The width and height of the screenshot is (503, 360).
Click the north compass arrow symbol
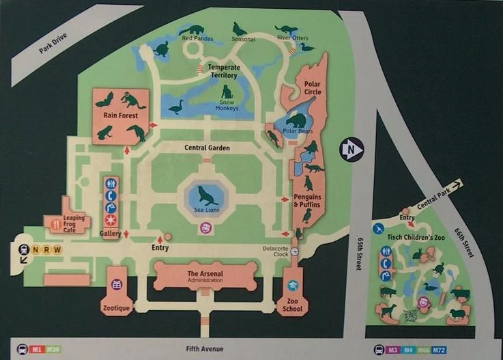[x=351, y=150]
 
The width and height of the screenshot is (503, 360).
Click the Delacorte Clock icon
[x=294, y=251]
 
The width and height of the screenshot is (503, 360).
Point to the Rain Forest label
[x=120, y=115]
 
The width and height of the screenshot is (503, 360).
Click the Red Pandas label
[x=197, y=39]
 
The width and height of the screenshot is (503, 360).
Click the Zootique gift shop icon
[x=116, y=284]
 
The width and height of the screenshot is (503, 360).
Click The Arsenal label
[x=205, y=274]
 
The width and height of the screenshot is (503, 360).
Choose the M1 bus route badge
[x=36, y=349]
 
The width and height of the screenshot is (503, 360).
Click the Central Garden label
[x=207, y=148]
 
